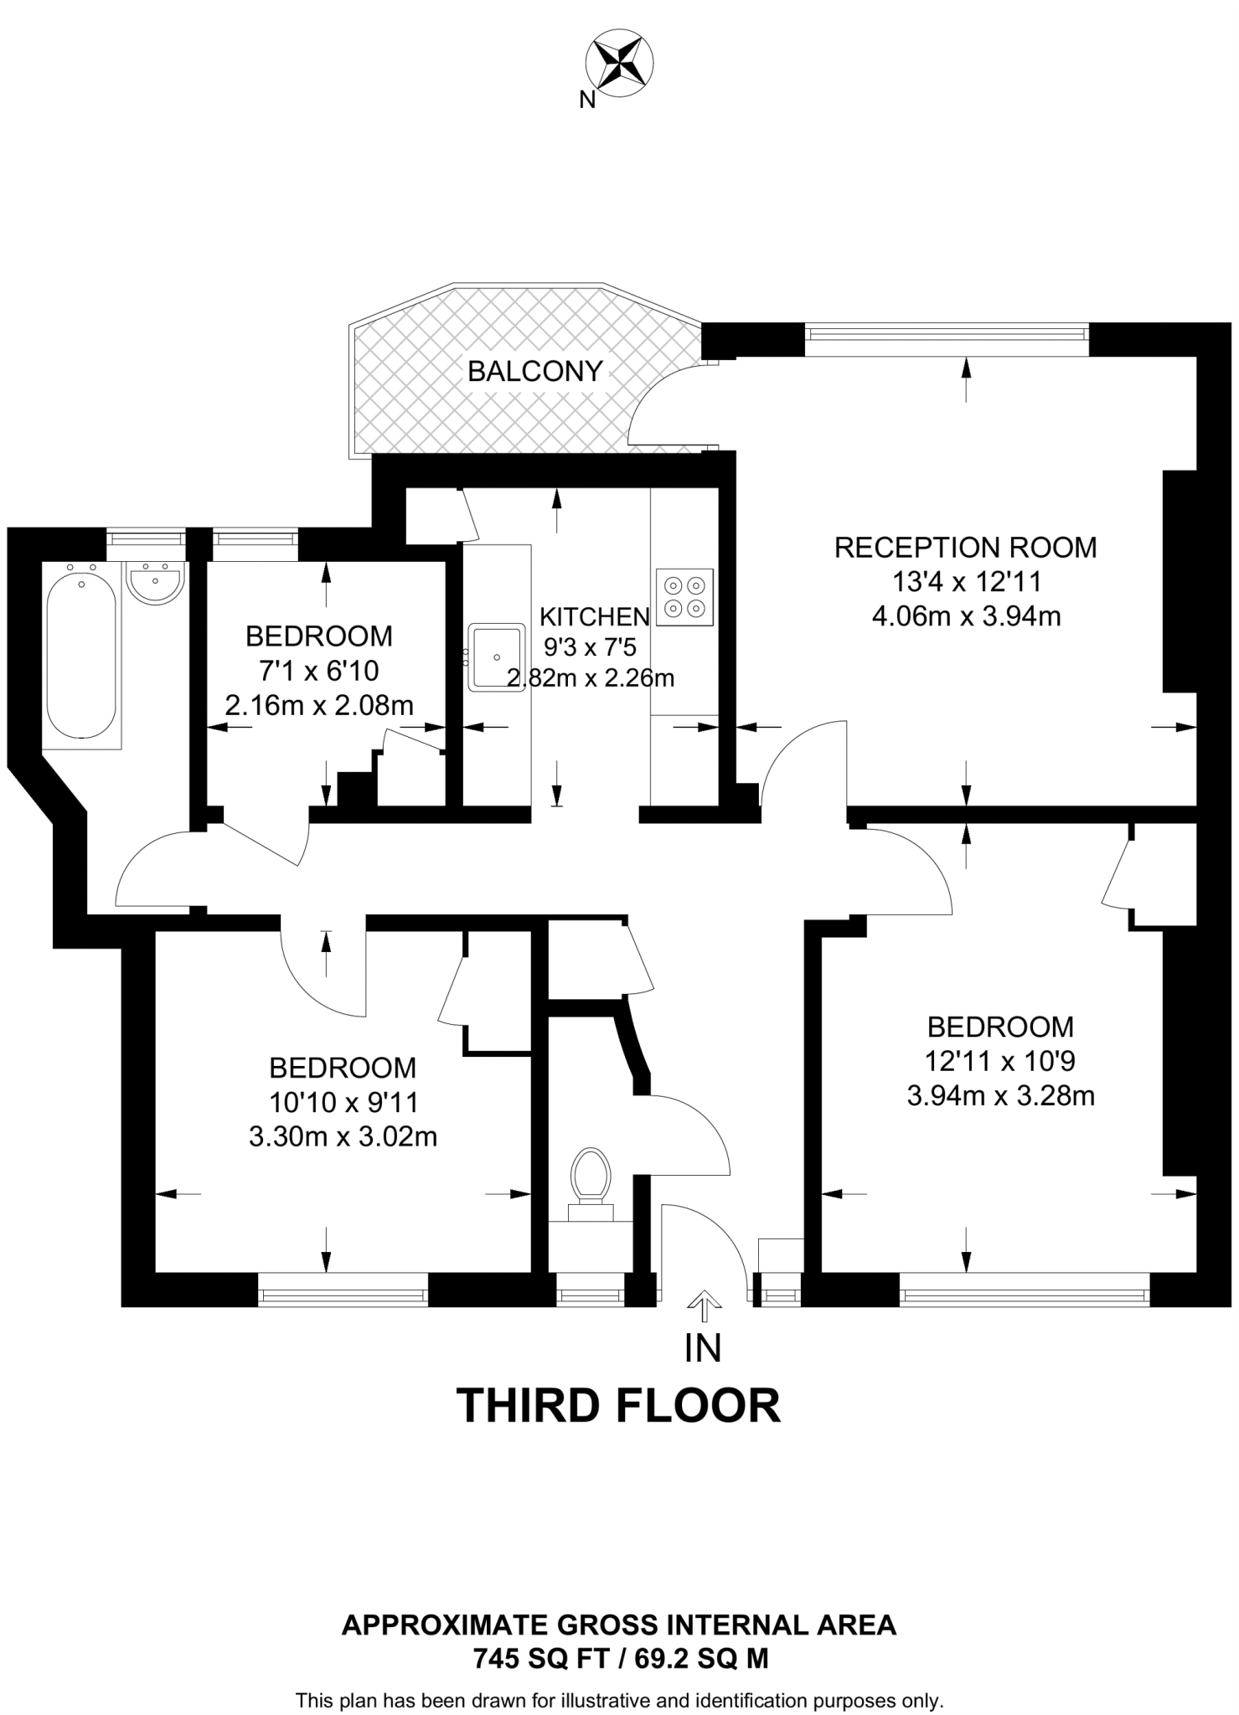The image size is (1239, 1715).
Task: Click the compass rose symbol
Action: tap(619, 64)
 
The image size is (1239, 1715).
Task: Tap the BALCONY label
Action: tap(534, 371)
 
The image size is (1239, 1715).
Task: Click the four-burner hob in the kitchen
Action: tap(684, 597)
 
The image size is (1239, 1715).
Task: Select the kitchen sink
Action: tap(497, 657)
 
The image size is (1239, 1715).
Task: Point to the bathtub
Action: tap(80, 651)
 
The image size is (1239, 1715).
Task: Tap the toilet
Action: tap(591, 1176)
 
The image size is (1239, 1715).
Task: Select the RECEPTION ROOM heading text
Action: tap(965, 548)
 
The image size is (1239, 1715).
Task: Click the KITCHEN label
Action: tap(594, 617)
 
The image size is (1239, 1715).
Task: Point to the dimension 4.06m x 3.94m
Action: tap(966, 617)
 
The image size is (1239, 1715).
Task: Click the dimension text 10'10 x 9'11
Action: tap(343, 1102)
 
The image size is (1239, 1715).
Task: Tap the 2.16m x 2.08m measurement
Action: tap(319, 706)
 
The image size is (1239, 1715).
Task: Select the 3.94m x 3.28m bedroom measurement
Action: tap(1000, 1096)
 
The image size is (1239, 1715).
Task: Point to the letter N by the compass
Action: tap(587, 100)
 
